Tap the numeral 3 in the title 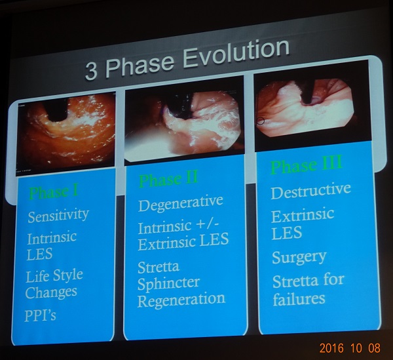pos(91,71)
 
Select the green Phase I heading pos(54,192)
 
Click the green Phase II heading pos(168,178)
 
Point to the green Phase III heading pos(307,165)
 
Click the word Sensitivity pos(58,216)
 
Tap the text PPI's pos(40,315)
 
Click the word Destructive pos(310,191)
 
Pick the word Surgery pos(299,258)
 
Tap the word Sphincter pos(168,283)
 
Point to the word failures pos(299,298)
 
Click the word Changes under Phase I pos(51,292)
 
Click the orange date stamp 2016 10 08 pos(350,348)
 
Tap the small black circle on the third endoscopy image pos(261,121)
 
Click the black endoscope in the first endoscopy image pos(57,110)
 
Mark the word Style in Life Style pos(68,276)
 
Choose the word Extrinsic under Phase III pos(303,216)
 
